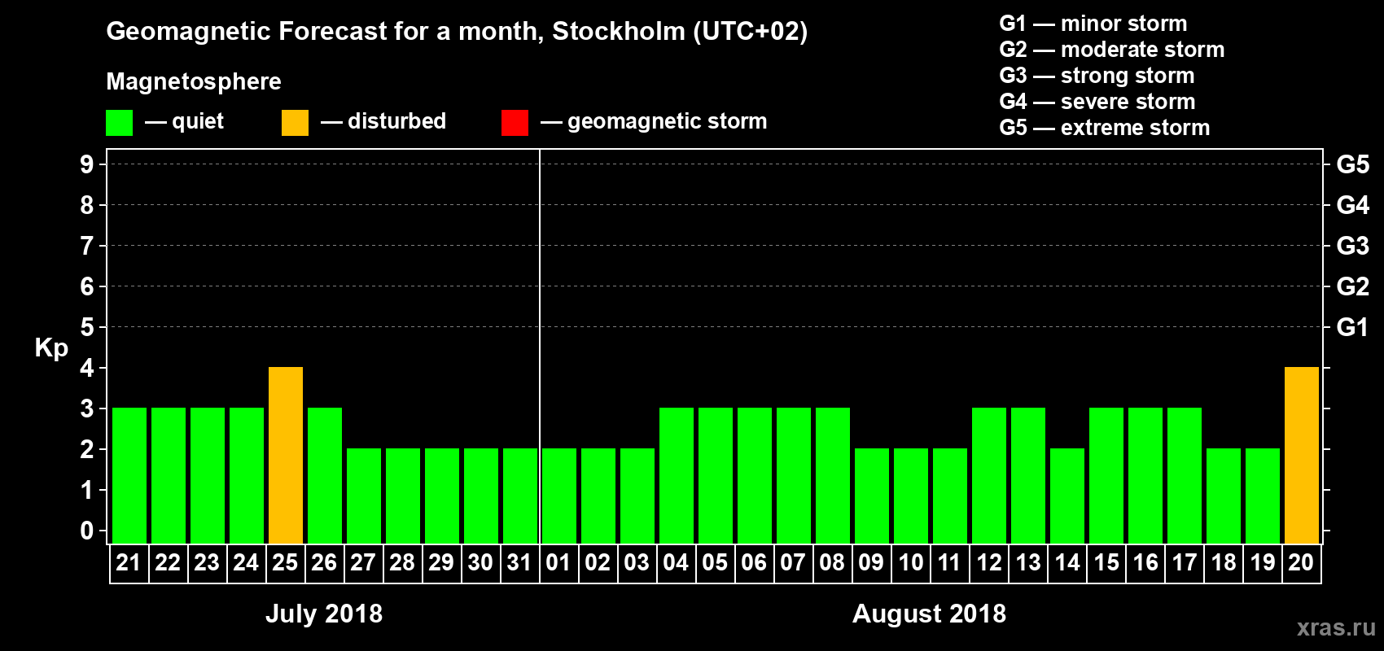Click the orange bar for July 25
click(x=286, y=456)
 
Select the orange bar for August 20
click(x=1301, y=456)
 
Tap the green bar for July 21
click(x=129, y=476)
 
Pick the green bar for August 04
click(x=677, y=476)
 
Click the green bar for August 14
click(x=1067, y=496)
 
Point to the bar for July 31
click(x=520, y=496)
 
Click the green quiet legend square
click(x=120, y=123)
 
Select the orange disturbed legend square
click(x=295, y=123)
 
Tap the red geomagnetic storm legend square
click(x=515, y=123)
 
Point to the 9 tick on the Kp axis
click(x=87, y=164)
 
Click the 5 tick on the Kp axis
click(x=87, y=327)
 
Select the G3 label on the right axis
click(x=1352, y=246)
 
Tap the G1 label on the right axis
click(x=1352, y=327)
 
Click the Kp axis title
click(x=51, y=347)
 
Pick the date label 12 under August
click(x=989, y=562)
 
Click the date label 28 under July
click(x=402, y=562)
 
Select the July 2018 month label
click(x=324, y=614)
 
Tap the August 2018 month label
click(x=929, y=614)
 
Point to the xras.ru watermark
click(x=1336, y=627)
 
